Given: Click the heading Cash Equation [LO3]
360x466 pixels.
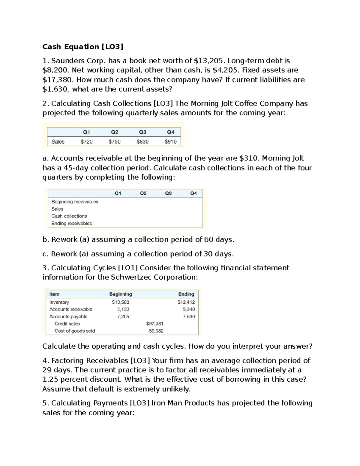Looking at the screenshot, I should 83,47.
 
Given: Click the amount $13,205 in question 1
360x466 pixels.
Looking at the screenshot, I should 209,61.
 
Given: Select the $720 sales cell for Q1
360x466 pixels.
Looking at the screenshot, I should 86,142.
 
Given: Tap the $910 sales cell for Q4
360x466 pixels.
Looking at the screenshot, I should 170,142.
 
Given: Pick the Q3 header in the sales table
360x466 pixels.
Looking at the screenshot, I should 142,132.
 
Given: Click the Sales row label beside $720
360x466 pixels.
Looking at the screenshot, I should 58,142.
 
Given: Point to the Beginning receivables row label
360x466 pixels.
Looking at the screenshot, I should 75,202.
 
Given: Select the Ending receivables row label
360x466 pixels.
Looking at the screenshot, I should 72,223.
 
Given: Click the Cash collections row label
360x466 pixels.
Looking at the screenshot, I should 69,216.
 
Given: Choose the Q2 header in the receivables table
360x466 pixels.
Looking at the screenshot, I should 143,193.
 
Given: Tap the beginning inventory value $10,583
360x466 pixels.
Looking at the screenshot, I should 120,302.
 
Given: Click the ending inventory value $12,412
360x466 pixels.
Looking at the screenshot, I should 186,302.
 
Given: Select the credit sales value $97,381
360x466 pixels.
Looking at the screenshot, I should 154,324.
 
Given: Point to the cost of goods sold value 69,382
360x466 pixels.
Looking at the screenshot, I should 156,331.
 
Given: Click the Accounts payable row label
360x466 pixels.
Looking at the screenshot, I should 68,317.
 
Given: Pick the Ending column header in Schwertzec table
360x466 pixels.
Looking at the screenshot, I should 186,294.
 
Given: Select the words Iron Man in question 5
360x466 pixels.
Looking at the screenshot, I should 166,403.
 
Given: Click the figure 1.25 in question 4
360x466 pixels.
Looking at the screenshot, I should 51,380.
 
